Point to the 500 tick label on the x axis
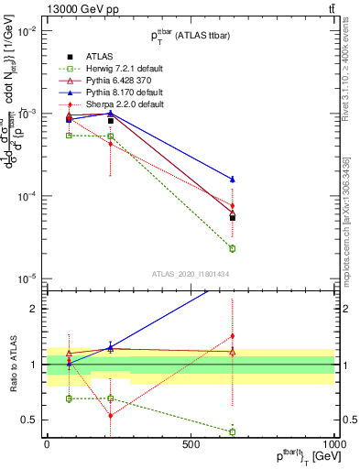pos(191,443)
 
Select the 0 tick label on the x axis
pos(47,443)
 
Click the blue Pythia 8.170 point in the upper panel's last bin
pos(233,179)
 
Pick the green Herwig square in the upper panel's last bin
pos(233,248)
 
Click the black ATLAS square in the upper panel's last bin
pos(233,217)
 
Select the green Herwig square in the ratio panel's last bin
pos(233,431)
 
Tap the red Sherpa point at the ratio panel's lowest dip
pos(111,416)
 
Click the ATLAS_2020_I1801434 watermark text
pos(190,274)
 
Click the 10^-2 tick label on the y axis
pos(27,31)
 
